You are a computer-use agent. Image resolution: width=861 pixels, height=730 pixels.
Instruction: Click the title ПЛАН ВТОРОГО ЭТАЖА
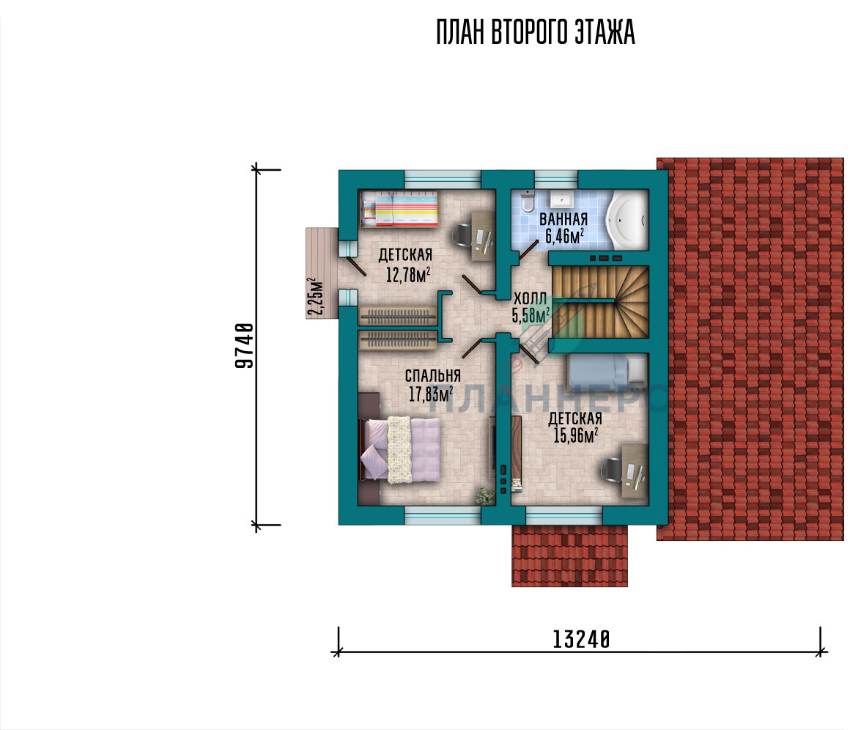pyautogui.click(x=536, y=32)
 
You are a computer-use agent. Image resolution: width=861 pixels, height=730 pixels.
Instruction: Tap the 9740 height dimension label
pyautogui.click(x=244, y=345)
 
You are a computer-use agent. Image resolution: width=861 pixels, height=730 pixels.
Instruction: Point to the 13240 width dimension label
pyautogui.click(x=581, y=639)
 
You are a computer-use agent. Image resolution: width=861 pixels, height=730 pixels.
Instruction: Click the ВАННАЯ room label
pyautogui.click(x=563, y=218)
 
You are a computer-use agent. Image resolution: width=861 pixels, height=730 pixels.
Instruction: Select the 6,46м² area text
pyautogui.click(x=564, y=236)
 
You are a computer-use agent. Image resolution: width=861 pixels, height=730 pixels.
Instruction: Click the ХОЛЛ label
pyautogui.click(x=530, y=299)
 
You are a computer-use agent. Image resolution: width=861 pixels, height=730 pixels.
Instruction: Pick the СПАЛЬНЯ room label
pyautogui.click(x=432, y=376)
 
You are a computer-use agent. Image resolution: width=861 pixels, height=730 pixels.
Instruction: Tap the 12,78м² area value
pyautogui.click(x=407, y=274)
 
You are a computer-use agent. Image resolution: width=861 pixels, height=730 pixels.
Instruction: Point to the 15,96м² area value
pyautogui.click(x=575, y=435)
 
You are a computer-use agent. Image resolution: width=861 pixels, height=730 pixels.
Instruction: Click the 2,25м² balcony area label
pyautogui.click(x=315, y=297)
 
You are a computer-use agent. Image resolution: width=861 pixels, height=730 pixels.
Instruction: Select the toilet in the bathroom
pyautogui.click(x=527, y=202)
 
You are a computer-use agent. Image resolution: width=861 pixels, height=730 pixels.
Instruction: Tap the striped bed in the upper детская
pyautogui.click(x=399, y=209)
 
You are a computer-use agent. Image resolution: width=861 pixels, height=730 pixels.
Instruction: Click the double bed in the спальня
pyautogui.click(x=400, y=449)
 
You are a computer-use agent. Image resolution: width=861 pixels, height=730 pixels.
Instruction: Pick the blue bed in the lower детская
pyautogui.click(x=607, y=372)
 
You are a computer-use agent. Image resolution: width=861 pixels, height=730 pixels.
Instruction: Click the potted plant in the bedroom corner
pyautogui.click(x=485, y=495)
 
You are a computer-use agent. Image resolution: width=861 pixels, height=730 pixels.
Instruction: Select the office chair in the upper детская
pyautogui.click(x=461, y=235)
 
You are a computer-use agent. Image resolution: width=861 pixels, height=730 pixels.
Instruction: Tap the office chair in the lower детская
pyautogui.click(x=611, y=471)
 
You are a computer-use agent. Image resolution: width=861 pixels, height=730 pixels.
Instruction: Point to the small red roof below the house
pyautogui.click(x=569, y=556)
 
